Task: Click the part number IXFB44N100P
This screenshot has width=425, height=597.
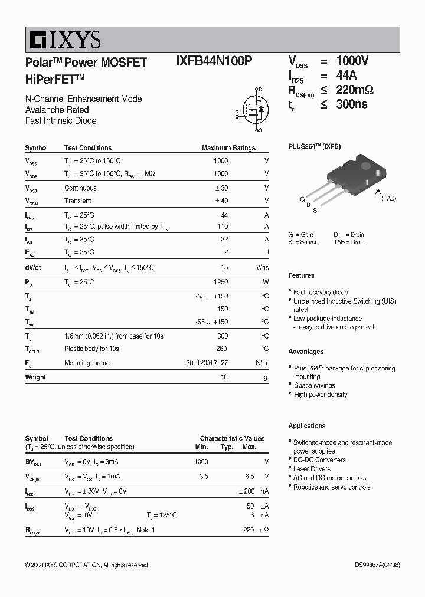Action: pos(214,63)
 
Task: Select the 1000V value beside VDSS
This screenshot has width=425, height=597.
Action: pos(352,61)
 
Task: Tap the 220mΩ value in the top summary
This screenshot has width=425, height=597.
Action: pos(355,90)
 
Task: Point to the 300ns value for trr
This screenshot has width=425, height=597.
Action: pos(352,104)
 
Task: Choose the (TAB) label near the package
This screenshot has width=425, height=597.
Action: pos(388,199)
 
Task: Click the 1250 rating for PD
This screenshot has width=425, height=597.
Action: pos(220,282)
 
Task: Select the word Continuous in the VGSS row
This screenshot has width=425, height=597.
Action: pos(80,188)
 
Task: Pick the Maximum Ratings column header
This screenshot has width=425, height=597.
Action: pos(228,148)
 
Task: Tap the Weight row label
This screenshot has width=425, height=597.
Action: pos(35,377)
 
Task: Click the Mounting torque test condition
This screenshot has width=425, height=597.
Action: pos(87,363)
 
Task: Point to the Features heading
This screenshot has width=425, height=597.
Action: pos(301,275)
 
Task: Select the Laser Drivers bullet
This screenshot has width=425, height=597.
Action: pos(312,469)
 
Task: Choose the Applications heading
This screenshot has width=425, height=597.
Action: pos(306,425)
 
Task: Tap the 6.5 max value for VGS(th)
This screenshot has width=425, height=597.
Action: pos(249,476)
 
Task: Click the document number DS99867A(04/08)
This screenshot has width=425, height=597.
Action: pos(377,565)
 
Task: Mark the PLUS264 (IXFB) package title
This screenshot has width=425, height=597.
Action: pos(314,146)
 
